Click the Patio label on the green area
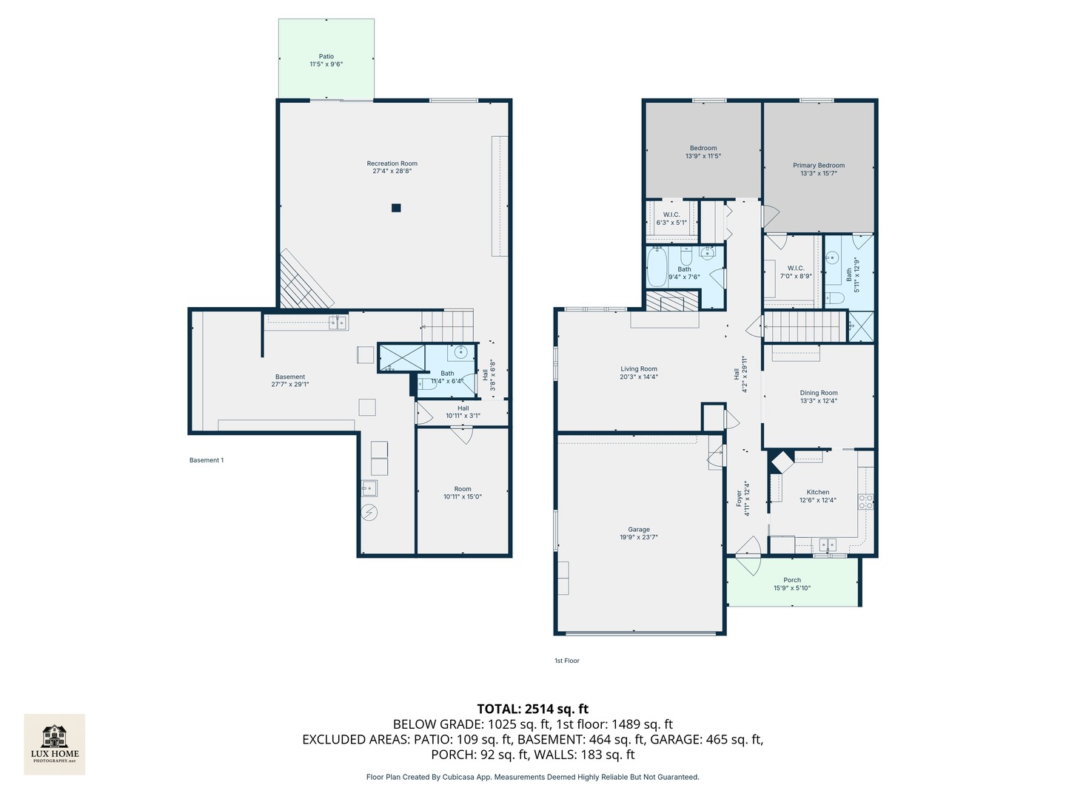(x=326, y=56)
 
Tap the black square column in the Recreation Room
(x=396, y=208)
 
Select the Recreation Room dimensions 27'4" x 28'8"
(x=392, y=171)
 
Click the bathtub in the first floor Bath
(x=657, y=266)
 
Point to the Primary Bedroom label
(x=818, y=165)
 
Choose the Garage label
(x=638, y=529)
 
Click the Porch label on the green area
(x=791, y=580)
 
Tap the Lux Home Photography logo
(x=54, y=744)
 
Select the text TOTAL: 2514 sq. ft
(x=532, y=709)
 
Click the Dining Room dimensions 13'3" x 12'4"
(x=818, y=401)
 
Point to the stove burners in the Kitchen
(x=865, y=501)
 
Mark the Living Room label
(x=638, y=368)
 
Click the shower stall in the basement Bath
(x=402, y=357)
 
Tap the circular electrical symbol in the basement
(x=369, y=512)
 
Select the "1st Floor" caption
(x=567, y=660)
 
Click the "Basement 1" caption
(x=207, y=460)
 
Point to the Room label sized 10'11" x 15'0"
(x=463, y=488)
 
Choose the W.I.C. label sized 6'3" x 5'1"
(x=671, y=215)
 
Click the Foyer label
(x=739, y=498)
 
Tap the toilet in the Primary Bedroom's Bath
(x=834, y=297)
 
